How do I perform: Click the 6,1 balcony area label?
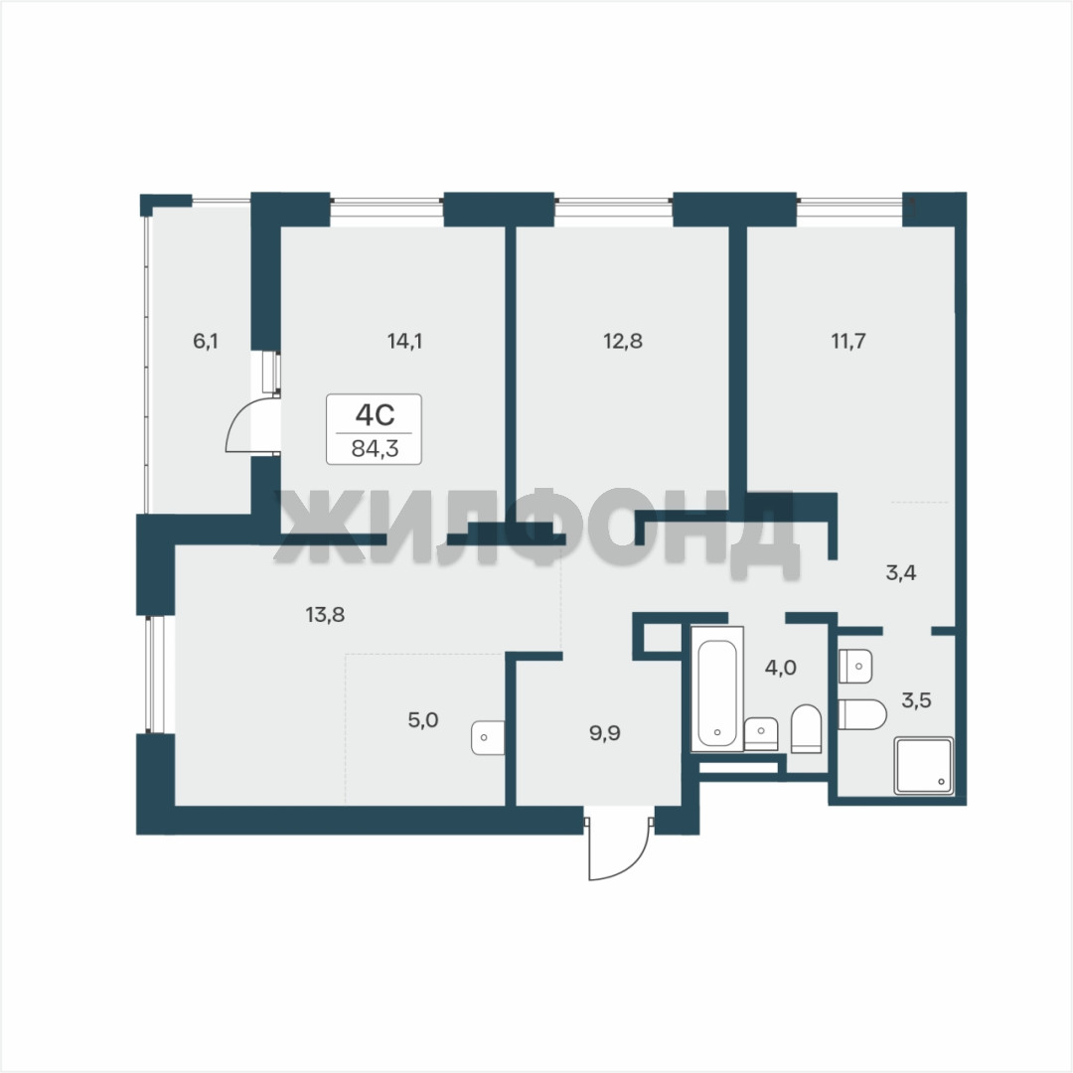coord(206,341)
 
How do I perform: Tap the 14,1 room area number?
coord(404,341)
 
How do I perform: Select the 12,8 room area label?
coord(623,341)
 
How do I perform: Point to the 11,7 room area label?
coord(848,341)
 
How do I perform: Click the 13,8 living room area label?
coord(325,615)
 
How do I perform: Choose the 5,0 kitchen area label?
coord(423,720)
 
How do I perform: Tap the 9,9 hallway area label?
coord(605,733)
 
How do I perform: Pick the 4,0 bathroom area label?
coord(780,668)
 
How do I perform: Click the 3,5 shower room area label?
coord(916,700)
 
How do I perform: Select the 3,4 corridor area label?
coord(901,573)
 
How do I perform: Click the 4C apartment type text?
coord(375,414)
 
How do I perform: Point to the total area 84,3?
coord(375,449)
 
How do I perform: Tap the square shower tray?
coord(923,766)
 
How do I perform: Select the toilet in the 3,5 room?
coord(862,715)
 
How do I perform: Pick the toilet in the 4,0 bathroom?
coord(806,729)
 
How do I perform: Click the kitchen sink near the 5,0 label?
coord(488,737)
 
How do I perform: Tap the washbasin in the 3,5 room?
coord(855,666)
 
